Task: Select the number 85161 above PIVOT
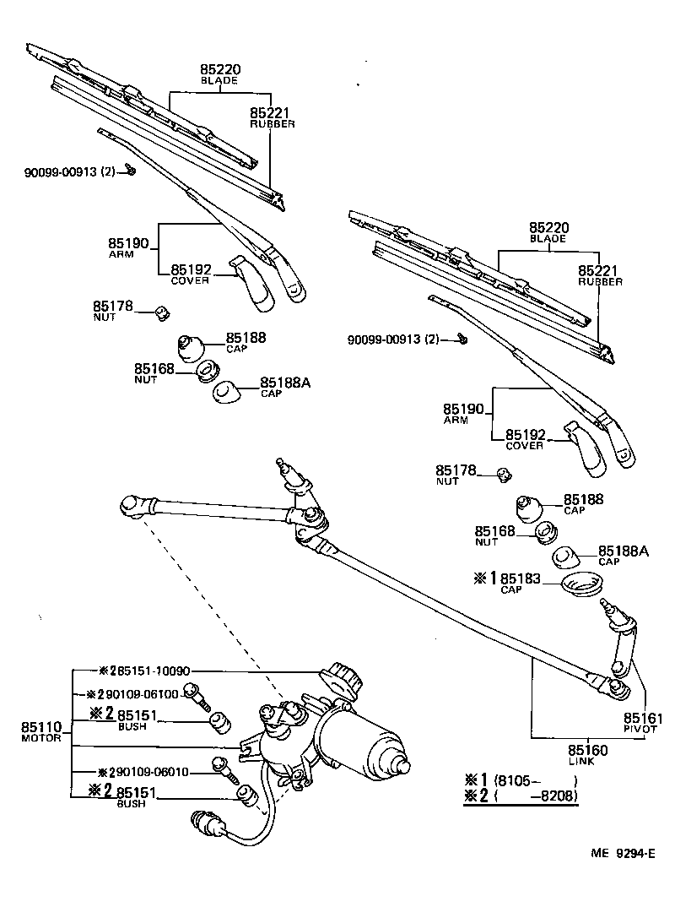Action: pos(643,718)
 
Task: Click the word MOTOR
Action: pos(40,738)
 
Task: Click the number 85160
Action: pos(587,750)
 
